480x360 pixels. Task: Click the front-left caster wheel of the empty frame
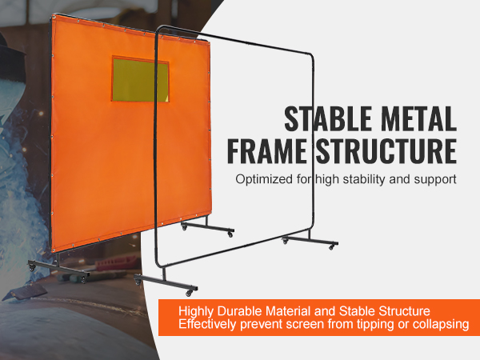[x=142, y=281]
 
